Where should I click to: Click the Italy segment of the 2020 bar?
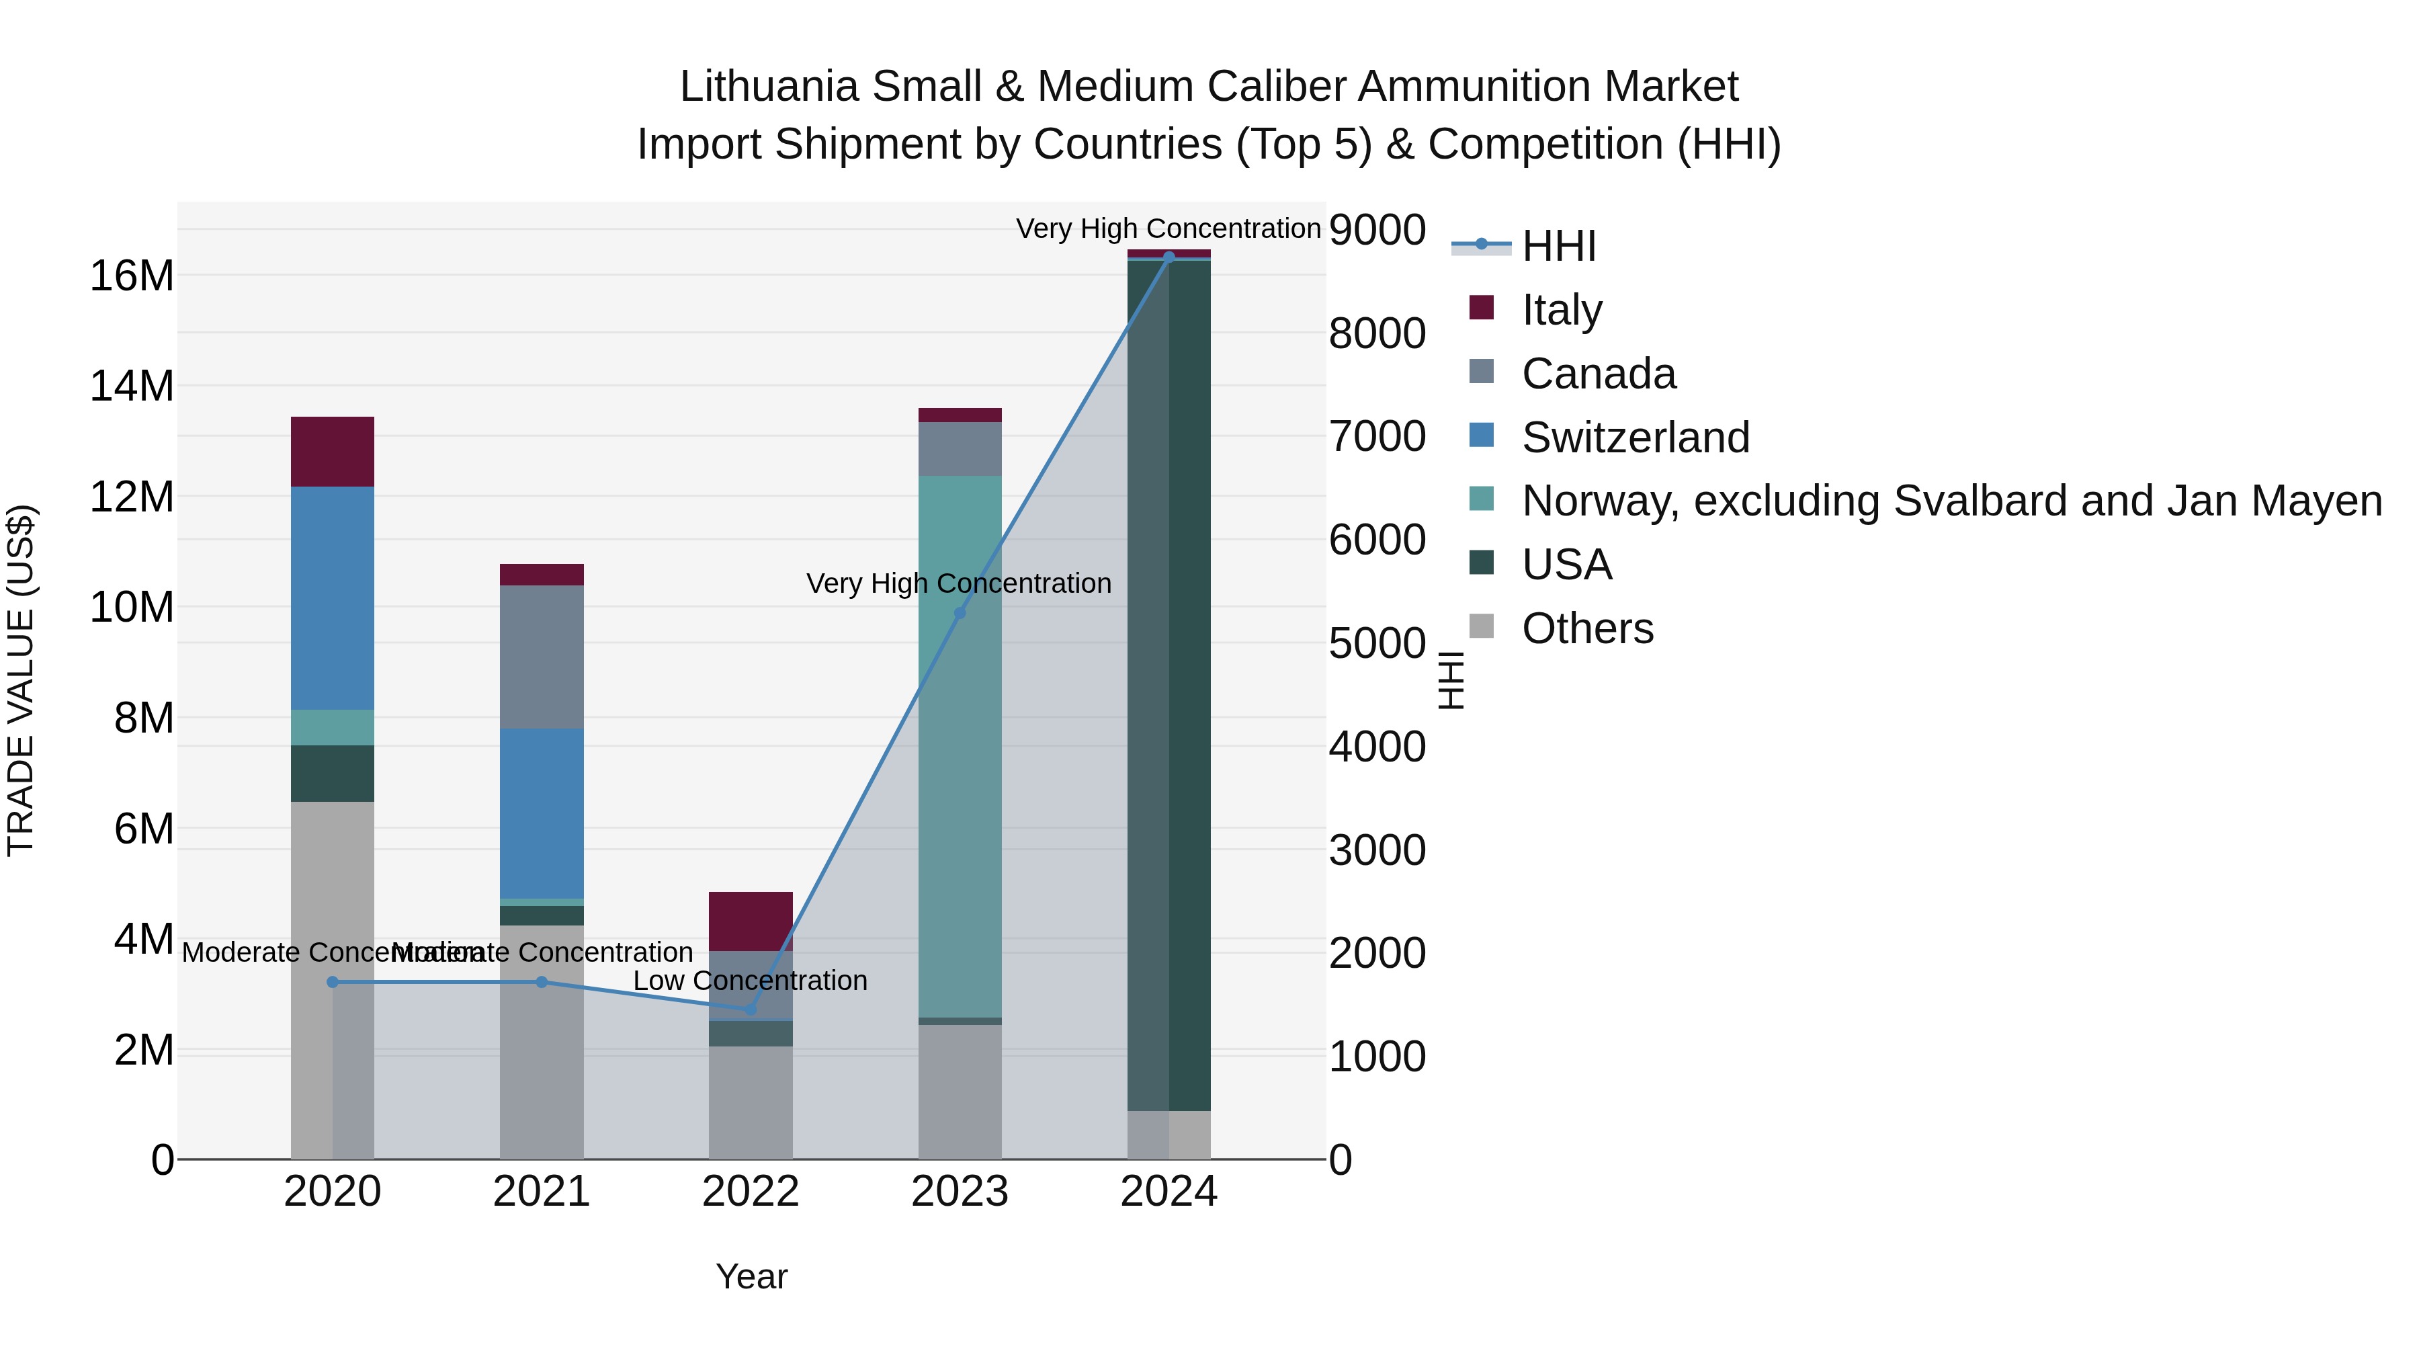pos(333,451)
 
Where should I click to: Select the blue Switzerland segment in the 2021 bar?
pos(541,813)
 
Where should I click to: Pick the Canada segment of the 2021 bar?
pos(541,657)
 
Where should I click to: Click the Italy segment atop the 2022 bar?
pos(751,921)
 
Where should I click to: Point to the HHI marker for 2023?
pos(960,614)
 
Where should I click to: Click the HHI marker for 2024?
pos(1169,257)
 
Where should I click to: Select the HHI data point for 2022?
pos(751,1009)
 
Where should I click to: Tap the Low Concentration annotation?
pos(751,981)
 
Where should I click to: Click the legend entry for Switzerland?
pos(1635,438)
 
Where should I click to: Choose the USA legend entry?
pos(1566,565)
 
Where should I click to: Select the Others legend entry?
pos(1587,628)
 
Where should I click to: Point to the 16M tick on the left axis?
pos(132,276)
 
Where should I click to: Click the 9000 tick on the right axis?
pos(1377,230)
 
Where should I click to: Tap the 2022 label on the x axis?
pos(751,1192)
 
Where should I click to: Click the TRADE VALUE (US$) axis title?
pos(21,680)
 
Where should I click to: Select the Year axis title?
pos(751,1276)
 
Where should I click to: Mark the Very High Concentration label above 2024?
pos(1169,229)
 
